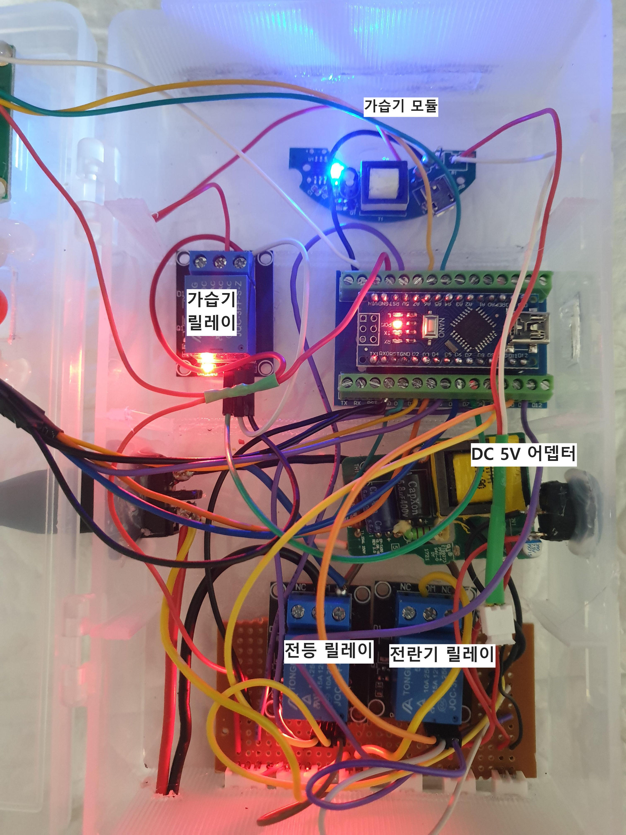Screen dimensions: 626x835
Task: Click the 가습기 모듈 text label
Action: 400,107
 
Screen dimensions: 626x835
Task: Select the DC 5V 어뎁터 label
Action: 523,453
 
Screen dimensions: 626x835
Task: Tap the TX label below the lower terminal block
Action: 344,403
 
